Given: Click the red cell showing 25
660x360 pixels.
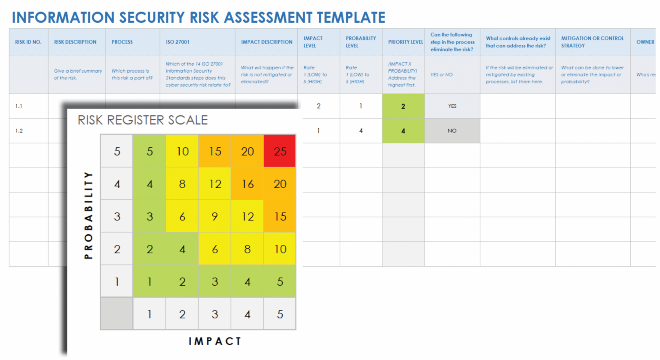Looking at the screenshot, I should point(280,151).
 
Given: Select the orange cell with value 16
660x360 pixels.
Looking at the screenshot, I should point(247,184).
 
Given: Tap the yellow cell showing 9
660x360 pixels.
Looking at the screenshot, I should point(215,217).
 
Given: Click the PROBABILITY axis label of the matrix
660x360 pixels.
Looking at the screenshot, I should point(89,215).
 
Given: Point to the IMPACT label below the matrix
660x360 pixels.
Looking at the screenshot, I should point(215,341).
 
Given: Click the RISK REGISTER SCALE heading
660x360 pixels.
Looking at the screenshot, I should point(143,120).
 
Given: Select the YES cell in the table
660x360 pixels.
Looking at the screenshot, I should point(452,106).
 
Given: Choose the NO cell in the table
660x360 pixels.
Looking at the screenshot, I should point(452,131).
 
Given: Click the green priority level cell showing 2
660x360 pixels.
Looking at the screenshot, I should point(403,106).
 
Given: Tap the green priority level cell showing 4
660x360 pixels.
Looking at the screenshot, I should point(403,131).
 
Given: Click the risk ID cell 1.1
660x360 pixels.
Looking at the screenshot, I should point(19,106).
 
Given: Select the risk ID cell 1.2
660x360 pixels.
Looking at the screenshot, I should point(19,131).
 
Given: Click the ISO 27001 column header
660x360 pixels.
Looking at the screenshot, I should point(177,42).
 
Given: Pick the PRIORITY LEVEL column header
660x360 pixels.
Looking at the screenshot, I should point(405,42).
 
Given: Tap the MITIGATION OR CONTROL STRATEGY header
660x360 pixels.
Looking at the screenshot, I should point(592,42).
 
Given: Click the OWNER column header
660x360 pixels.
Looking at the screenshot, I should point(645,42).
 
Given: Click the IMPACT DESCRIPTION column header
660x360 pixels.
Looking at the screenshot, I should point(266,42).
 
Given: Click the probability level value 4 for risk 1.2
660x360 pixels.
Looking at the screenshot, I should point(361,131).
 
